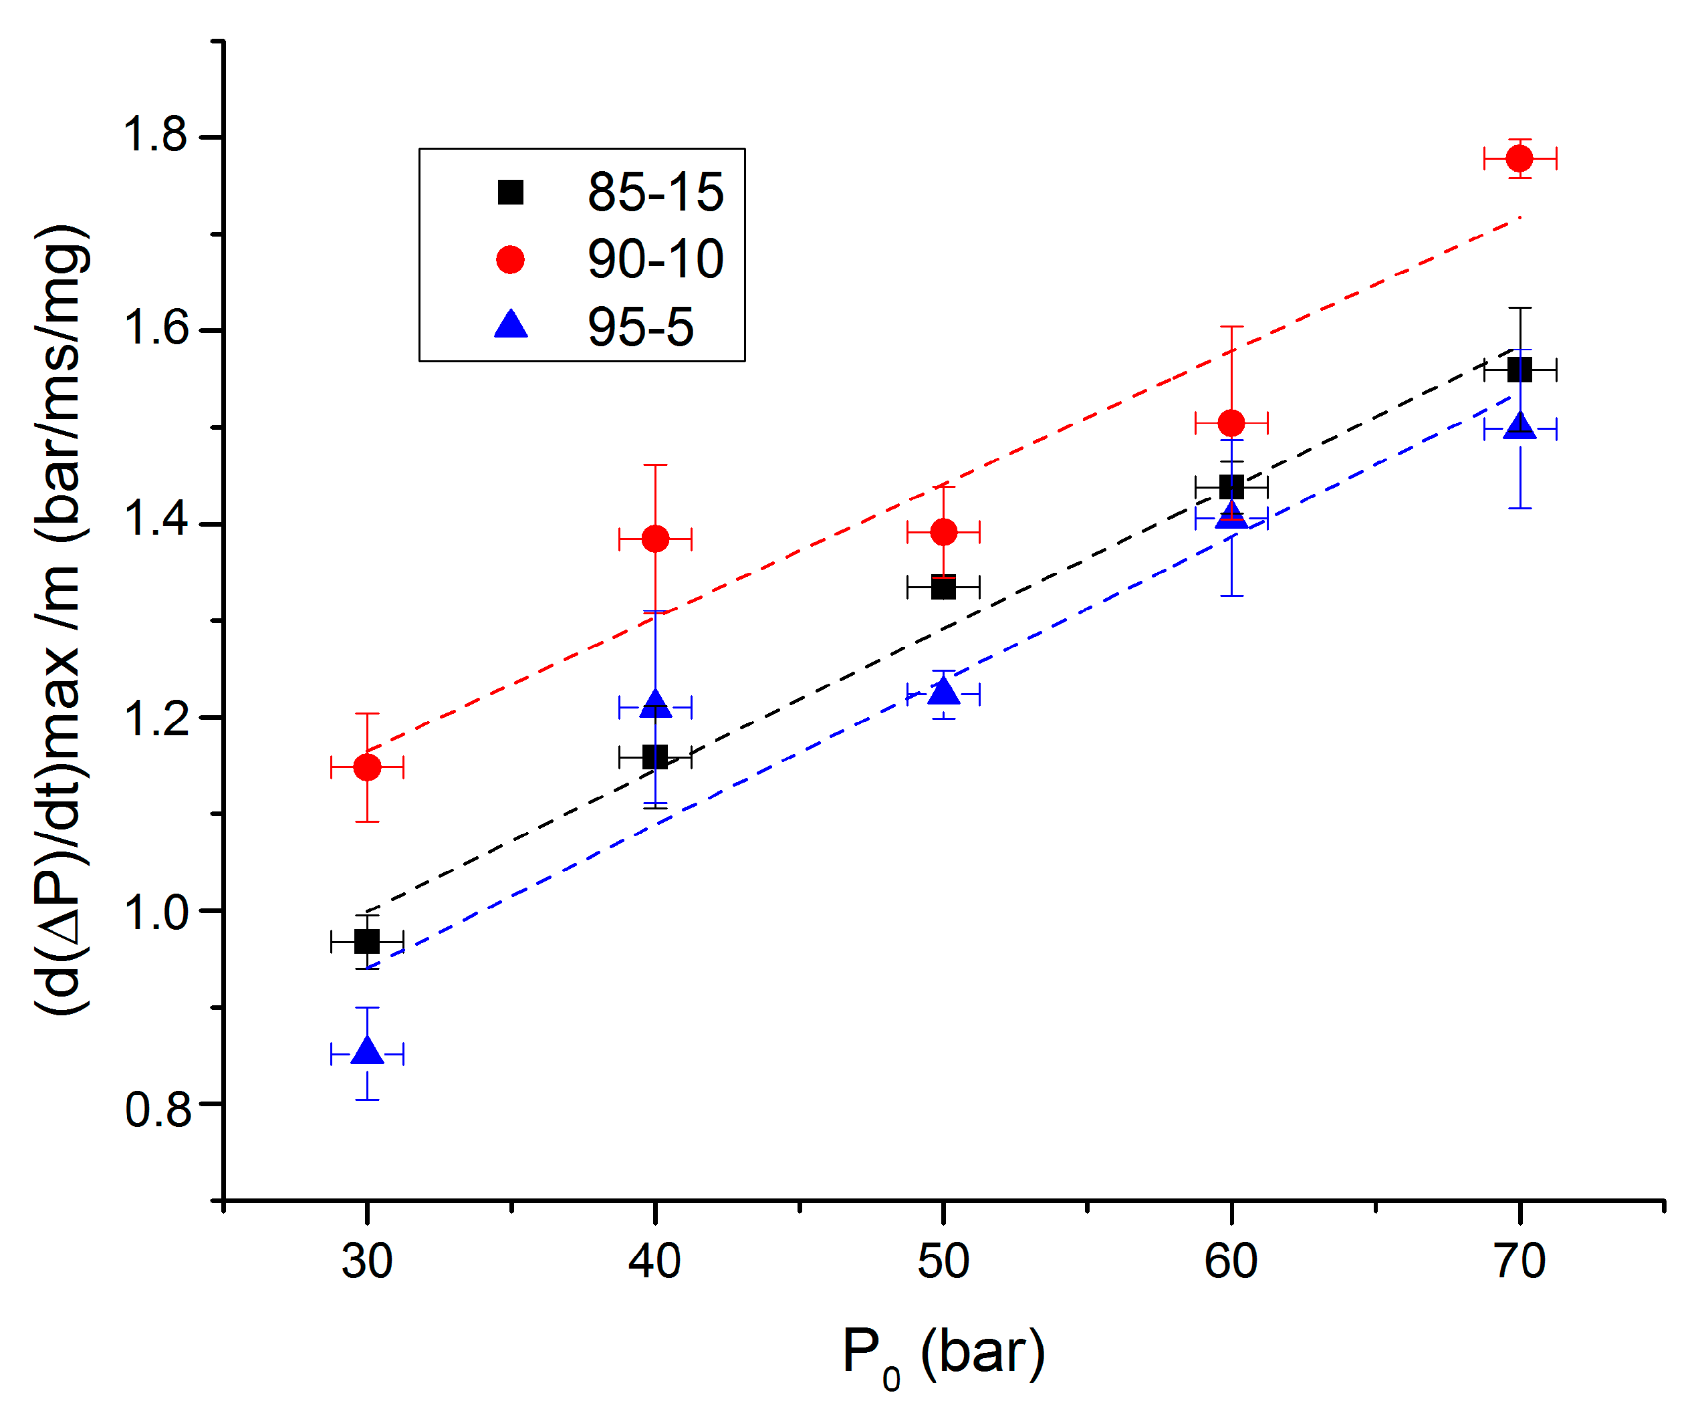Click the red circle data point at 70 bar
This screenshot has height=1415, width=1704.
(1519, 158)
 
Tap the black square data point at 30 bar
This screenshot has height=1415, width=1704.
(368, 942)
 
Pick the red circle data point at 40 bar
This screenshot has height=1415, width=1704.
(656, 539)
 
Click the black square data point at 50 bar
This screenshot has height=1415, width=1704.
(944, 587)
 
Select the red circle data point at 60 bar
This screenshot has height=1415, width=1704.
(1232, 422)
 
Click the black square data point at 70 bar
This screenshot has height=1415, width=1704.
(1519, 371)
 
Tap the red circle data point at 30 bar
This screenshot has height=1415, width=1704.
(368, 767)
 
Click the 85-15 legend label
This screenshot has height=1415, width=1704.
(656, 193)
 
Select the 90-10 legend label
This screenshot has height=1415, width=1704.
(656, 259)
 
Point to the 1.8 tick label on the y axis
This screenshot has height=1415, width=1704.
(155, 135)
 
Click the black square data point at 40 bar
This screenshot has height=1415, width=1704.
(656, 758)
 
